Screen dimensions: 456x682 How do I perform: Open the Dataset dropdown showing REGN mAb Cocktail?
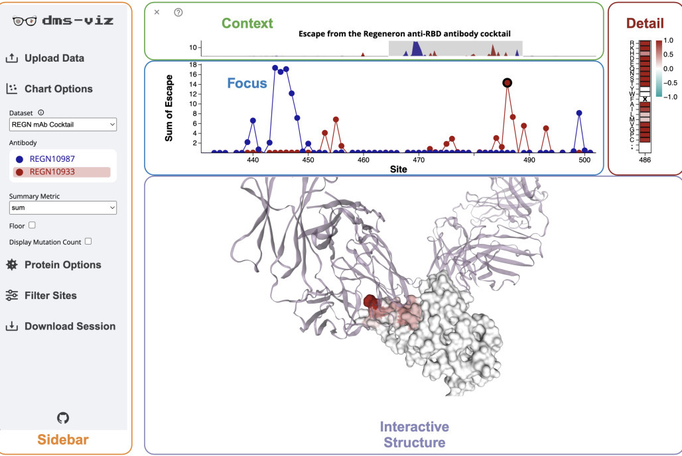(x=63, y=124)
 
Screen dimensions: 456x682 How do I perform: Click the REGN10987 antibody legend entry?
(x=52, y=159)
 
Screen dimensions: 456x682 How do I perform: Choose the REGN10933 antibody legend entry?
(x=52, y=172)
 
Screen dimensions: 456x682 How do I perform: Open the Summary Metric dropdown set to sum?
(x=63, y=208)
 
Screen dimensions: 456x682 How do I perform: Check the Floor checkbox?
(x=32, y=225)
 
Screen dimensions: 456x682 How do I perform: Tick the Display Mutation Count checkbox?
(x=88, y=241)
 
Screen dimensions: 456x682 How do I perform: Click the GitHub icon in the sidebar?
(x=63, y=418)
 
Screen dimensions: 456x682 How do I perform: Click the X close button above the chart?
(x=157, y=12)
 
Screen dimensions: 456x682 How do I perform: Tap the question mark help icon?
(x=178, y=12)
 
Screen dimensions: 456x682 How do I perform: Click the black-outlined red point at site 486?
(x=508, y=83)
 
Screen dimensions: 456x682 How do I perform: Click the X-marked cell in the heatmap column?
(x=645, y=99)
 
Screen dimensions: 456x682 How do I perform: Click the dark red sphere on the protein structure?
(x=371, y=302)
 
